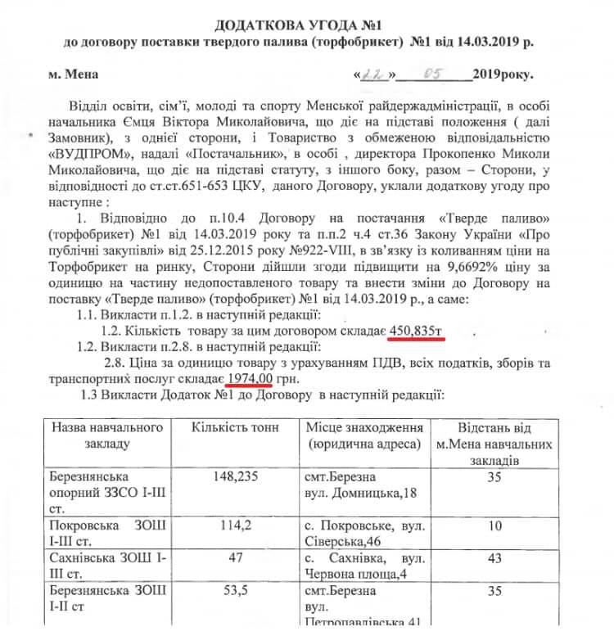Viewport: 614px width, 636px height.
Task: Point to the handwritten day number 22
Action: point(375,75)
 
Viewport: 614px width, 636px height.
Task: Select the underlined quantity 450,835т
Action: point(419,331)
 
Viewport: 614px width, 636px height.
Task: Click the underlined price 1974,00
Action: point(249,379)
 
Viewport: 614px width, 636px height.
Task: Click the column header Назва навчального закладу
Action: point(107,436)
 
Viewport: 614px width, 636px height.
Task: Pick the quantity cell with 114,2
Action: point(236,525)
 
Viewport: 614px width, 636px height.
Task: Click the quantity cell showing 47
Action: point(236,557)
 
